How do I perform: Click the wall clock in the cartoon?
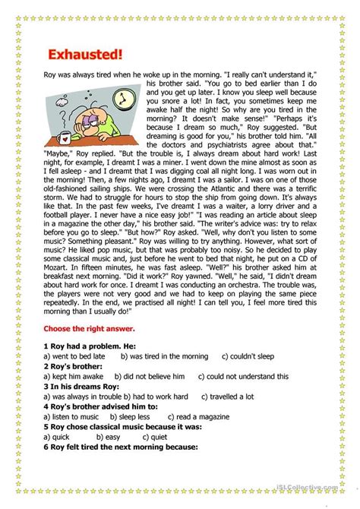click(x=121, y=99)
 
